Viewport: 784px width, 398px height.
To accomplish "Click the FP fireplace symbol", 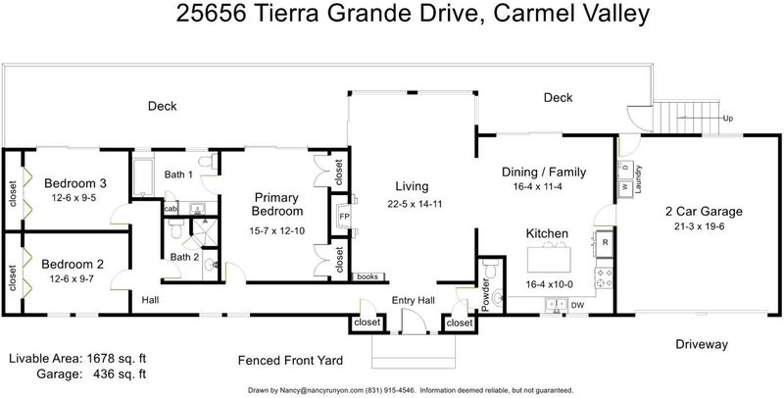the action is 345,217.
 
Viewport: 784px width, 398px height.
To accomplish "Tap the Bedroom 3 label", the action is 75,183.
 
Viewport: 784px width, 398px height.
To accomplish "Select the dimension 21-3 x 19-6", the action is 699,226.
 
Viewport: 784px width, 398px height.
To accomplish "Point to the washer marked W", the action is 625,188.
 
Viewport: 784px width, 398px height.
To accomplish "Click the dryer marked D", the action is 625,168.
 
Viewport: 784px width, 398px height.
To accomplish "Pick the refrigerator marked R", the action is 605,243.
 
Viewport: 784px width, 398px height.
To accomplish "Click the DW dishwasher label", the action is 577,305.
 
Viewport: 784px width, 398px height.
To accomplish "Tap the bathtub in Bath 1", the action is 143,177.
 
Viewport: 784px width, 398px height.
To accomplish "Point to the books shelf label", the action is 369,276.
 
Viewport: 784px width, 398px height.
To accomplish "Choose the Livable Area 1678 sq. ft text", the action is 77,359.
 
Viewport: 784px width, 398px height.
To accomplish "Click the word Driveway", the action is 702,344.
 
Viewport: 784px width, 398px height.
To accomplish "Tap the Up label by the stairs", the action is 729,119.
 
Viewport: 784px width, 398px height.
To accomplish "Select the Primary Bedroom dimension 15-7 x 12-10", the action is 277,231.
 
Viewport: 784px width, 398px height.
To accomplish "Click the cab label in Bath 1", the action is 171,209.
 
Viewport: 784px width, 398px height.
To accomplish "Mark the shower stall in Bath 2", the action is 205,232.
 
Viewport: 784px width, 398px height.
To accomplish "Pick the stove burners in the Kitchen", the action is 604,278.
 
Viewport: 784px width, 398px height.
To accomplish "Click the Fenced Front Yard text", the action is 290,360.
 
